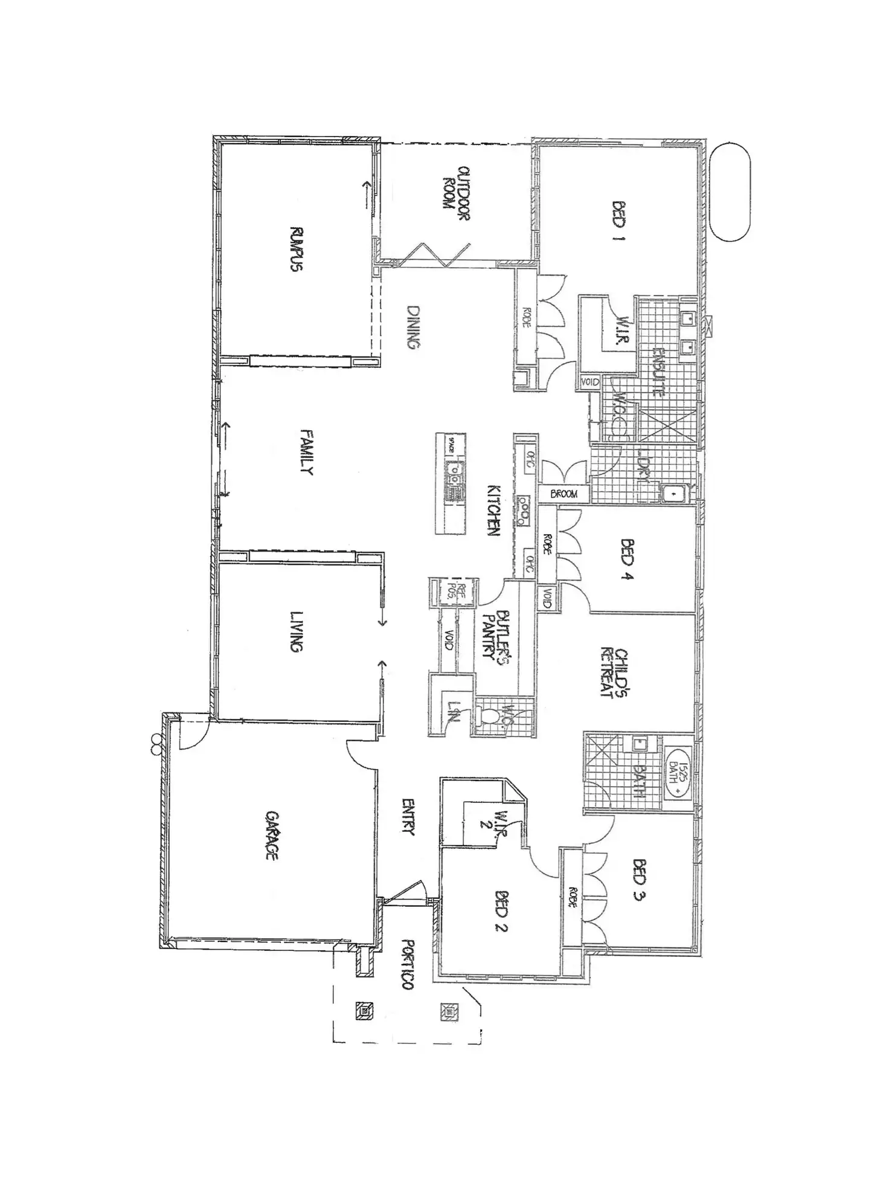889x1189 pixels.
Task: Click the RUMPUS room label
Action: [x=296, y=248]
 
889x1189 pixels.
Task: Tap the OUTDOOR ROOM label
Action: [x=456, y=193]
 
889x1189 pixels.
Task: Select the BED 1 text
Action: [x=618, y=222]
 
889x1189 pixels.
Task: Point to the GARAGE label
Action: [x=272, y=835]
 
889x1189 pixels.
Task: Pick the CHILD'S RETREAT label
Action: [x=615, y=673]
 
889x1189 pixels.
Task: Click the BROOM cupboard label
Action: [x=563, y=494]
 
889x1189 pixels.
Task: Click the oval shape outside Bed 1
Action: [x=730, y=192]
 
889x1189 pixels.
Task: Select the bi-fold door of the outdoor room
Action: [x=434, y=255]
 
